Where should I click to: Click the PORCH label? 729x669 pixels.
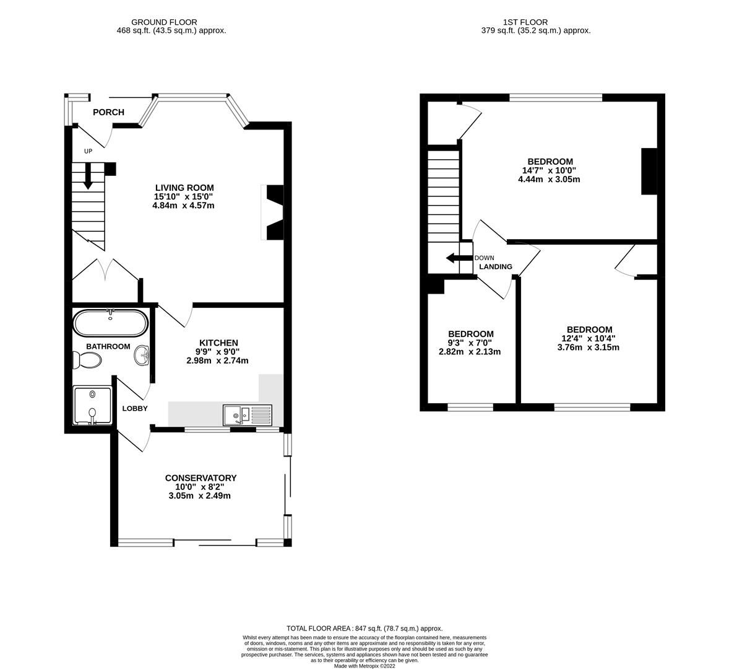[108, 112]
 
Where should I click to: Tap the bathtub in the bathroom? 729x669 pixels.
[110, 323]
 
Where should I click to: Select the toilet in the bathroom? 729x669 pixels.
[86, 359]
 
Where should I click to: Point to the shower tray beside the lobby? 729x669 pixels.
[92, 406]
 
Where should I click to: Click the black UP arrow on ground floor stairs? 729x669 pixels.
[87, 175]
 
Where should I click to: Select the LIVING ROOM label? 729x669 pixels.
[184, 188]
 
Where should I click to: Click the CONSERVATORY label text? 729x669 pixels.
[201, 478]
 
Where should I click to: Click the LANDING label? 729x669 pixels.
[495, 267]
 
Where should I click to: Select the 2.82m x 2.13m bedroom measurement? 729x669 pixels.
[470, 352]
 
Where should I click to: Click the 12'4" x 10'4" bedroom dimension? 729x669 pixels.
[589, 338]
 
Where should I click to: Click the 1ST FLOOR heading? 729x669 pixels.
[536, 22]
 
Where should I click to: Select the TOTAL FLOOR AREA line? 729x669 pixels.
[364, 628]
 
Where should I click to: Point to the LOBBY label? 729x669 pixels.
[134, 408]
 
